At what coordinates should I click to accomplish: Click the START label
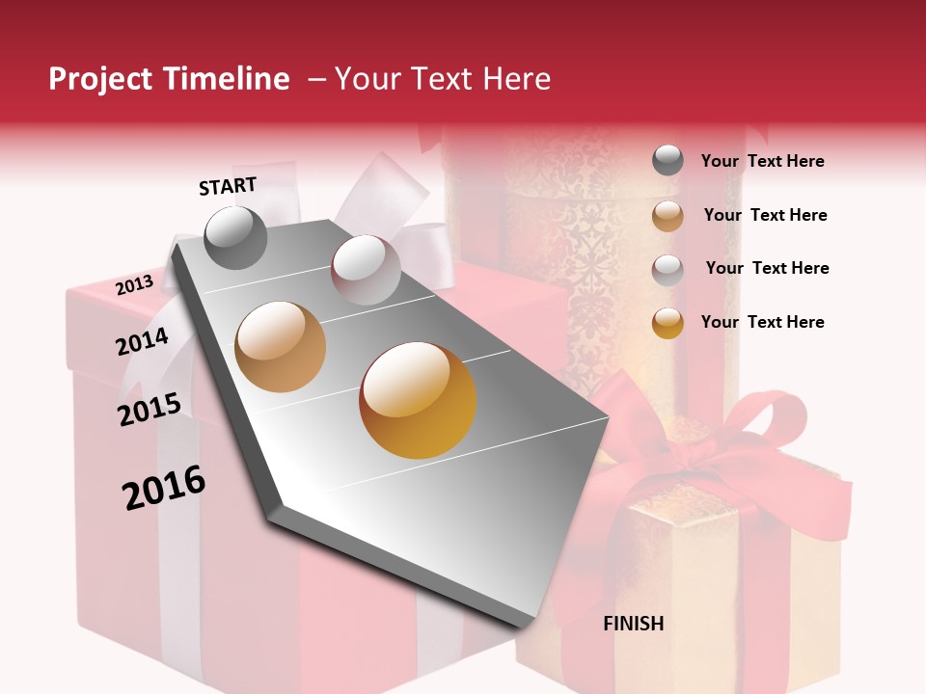pos(228,186)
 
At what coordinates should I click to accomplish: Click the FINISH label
pos(634,624)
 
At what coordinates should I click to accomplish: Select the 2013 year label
pos(135,285)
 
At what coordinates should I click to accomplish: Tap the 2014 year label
pos(143,341)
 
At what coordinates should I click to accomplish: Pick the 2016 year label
pos(164,487)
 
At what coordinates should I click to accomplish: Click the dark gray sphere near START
pos(236,237)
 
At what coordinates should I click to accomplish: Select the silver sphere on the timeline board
pos(366,270)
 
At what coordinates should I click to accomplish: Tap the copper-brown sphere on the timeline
pos(281,347)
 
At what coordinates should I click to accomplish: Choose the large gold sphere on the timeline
pos(418,400)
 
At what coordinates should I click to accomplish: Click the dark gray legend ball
pos(667,161)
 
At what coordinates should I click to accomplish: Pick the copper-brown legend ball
pos(667,216)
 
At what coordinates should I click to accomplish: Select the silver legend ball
pos(667,269)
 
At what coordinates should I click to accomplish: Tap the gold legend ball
pos(667,323)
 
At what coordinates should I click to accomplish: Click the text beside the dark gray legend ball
pos(762,161)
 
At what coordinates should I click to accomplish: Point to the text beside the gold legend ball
pos(762,322)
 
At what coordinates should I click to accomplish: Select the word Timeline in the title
pos(228,79)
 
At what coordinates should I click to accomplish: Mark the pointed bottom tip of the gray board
pos(526,622)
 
